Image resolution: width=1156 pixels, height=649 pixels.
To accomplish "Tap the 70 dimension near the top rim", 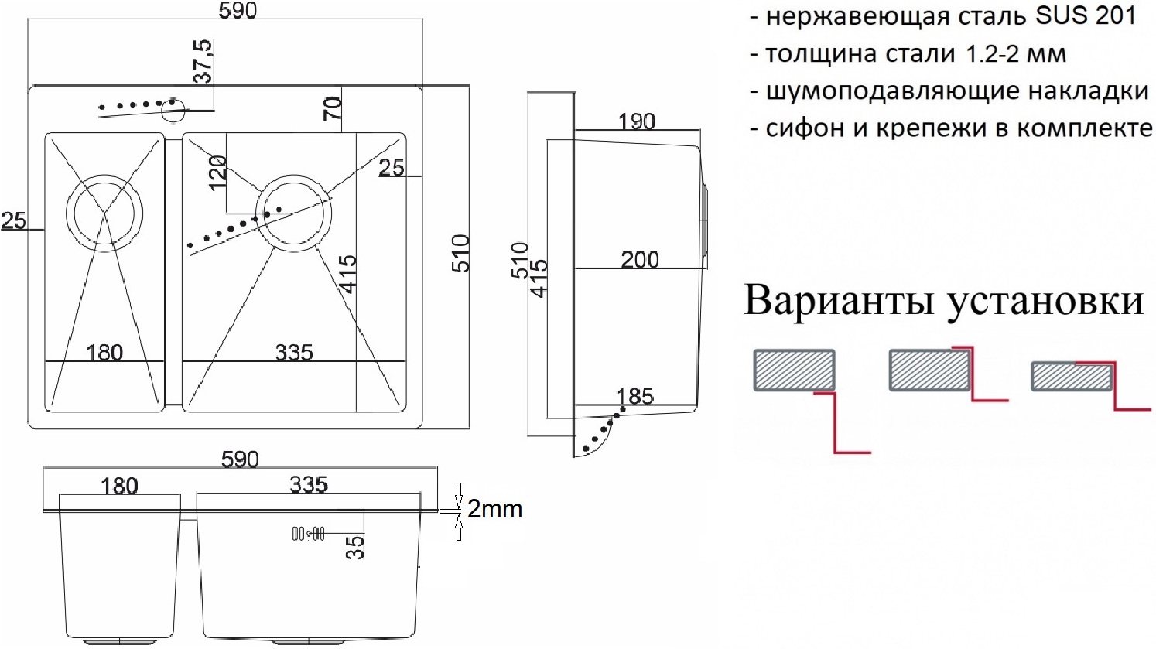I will [x=332, y=108].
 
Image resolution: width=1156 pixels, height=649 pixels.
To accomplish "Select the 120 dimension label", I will [x=217, y=172].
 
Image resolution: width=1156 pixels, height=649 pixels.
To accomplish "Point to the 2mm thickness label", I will [x=494, y=509].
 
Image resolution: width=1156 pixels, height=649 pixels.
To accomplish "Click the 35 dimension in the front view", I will [x=354, y=546].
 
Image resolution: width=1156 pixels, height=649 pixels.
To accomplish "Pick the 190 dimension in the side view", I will [x=637, y=121].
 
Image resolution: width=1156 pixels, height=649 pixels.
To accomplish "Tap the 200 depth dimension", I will [x=640, y=259].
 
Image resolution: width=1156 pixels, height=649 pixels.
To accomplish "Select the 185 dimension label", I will [x=635, y=396].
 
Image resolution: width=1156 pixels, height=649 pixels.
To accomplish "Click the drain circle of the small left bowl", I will [x=104, y=213].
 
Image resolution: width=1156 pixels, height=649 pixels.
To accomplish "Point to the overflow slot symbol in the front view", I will [x=308, y=533].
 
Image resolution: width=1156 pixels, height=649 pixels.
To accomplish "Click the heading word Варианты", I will [x=840, y=300].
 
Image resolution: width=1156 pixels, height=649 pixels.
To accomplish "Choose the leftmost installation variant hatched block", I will [x=794, y=370].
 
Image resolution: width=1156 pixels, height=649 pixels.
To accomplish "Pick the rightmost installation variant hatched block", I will [x=1072, y=377].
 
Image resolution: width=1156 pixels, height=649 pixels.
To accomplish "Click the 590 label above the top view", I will [x=238, y=10].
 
